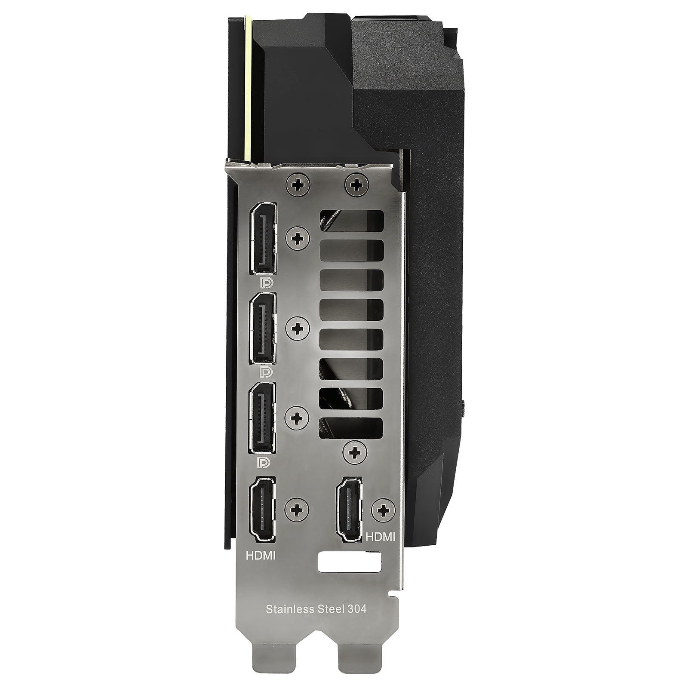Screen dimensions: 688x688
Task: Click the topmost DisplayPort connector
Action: point(263,239)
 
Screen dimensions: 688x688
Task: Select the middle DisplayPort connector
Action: point(263,329)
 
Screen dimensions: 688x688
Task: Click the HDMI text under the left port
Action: point(261,555)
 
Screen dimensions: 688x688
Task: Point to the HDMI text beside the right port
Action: point(380,537)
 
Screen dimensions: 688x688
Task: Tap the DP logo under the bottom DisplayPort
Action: point(264,463)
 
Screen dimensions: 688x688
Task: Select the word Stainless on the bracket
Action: point(289,609)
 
